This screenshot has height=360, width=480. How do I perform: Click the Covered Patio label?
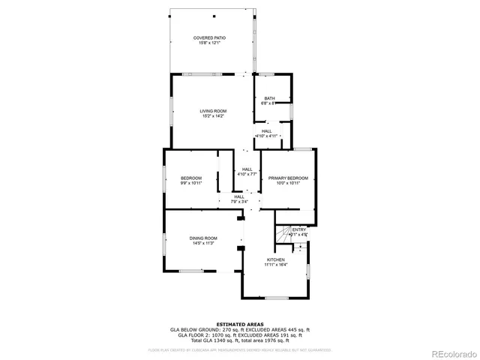(x=209, y=37)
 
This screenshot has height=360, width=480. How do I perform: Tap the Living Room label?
(x=213, y=111)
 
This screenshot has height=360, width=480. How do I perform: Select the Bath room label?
(x=268, y=98)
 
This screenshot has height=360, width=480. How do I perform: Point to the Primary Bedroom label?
(x=289, y=178)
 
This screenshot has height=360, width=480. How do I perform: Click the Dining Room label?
(x=203, y=238)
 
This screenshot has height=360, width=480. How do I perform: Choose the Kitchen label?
(x=275, y=259)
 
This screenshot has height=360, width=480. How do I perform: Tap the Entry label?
(x=298, y=229)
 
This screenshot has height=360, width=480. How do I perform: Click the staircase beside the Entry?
(x=283, y=235)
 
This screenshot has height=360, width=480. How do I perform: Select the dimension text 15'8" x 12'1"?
(x=209, y=43)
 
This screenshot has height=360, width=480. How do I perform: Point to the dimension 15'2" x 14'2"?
(x=213, y=116)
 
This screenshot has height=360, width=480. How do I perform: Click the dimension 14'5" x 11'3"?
(x=203, y=243)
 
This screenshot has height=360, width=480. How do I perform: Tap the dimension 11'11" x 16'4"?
(x=275, y=265)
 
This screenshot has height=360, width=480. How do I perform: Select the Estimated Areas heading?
(x=239, y=324)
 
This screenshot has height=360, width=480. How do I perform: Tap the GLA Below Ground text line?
(x=240, y=329)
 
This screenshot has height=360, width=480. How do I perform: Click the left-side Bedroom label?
(x=191, y=178)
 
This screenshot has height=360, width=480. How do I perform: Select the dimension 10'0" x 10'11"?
(x=289, y=183)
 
